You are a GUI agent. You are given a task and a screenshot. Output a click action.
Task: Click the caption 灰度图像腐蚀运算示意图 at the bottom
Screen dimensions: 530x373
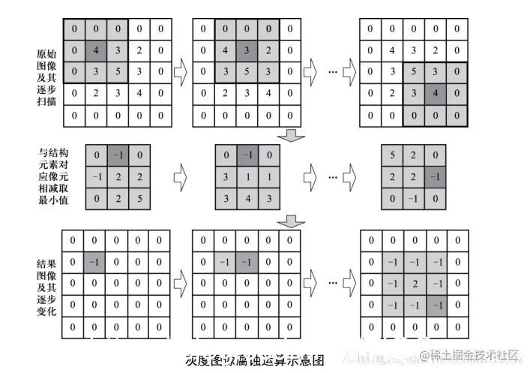click(x=254, y=359)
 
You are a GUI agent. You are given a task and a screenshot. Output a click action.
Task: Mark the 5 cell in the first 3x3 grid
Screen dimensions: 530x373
click(x=139, y=199)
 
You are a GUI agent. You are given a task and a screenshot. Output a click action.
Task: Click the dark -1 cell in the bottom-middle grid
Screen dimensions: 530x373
click(x=247, y=262)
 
